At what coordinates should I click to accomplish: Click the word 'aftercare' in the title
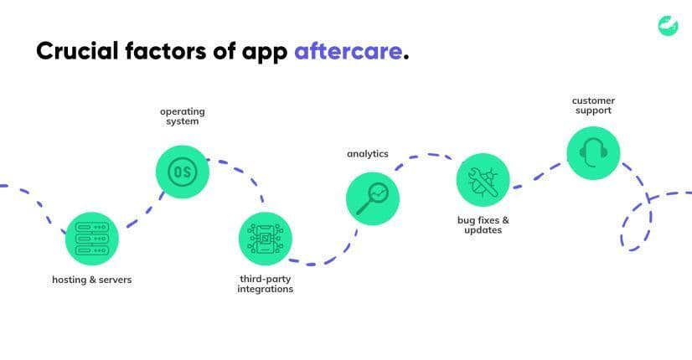tap(349, 51)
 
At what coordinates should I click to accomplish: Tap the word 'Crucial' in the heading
tap(77, 51)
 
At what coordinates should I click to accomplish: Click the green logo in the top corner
tap(668, 26)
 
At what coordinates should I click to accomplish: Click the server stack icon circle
tap(92, 239)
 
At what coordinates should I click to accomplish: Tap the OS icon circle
tap(183, 172)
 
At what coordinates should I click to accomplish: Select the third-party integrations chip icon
tap(266, 239)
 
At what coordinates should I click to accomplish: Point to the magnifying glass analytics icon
tap(373, 198)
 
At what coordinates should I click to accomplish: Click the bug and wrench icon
tap(483, 180)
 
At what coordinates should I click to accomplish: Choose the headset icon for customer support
tap(593, 153)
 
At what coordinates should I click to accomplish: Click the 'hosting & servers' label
tap(92, 280)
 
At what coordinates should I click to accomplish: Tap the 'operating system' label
tap(183, 116)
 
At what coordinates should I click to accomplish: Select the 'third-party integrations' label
tap(266, 284)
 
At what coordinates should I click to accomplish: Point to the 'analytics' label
tap(368, 153)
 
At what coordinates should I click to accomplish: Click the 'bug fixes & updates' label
tap(483, 224)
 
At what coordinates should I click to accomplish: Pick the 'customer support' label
tap(593, 105)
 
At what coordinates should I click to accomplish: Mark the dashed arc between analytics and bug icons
tap(426, 155)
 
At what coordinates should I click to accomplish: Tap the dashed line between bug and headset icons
tap(537, 177)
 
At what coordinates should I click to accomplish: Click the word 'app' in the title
tap(265, 53)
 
